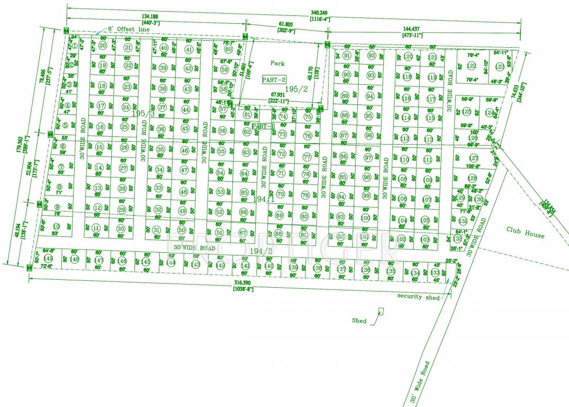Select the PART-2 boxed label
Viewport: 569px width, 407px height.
point(274,79)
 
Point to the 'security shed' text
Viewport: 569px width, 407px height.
point(418,297)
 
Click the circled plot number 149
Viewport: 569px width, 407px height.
point(49,258)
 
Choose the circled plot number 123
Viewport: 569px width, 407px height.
point(500,67)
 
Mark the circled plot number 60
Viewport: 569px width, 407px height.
point(229,49)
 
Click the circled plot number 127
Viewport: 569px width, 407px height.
point(474,158)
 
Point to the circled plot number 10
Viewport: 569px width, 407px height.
point(56,227)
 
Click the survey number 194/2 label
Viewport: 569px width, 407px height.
point(260,251)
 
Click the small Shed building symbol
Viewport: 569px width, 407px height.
point(381,313)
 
